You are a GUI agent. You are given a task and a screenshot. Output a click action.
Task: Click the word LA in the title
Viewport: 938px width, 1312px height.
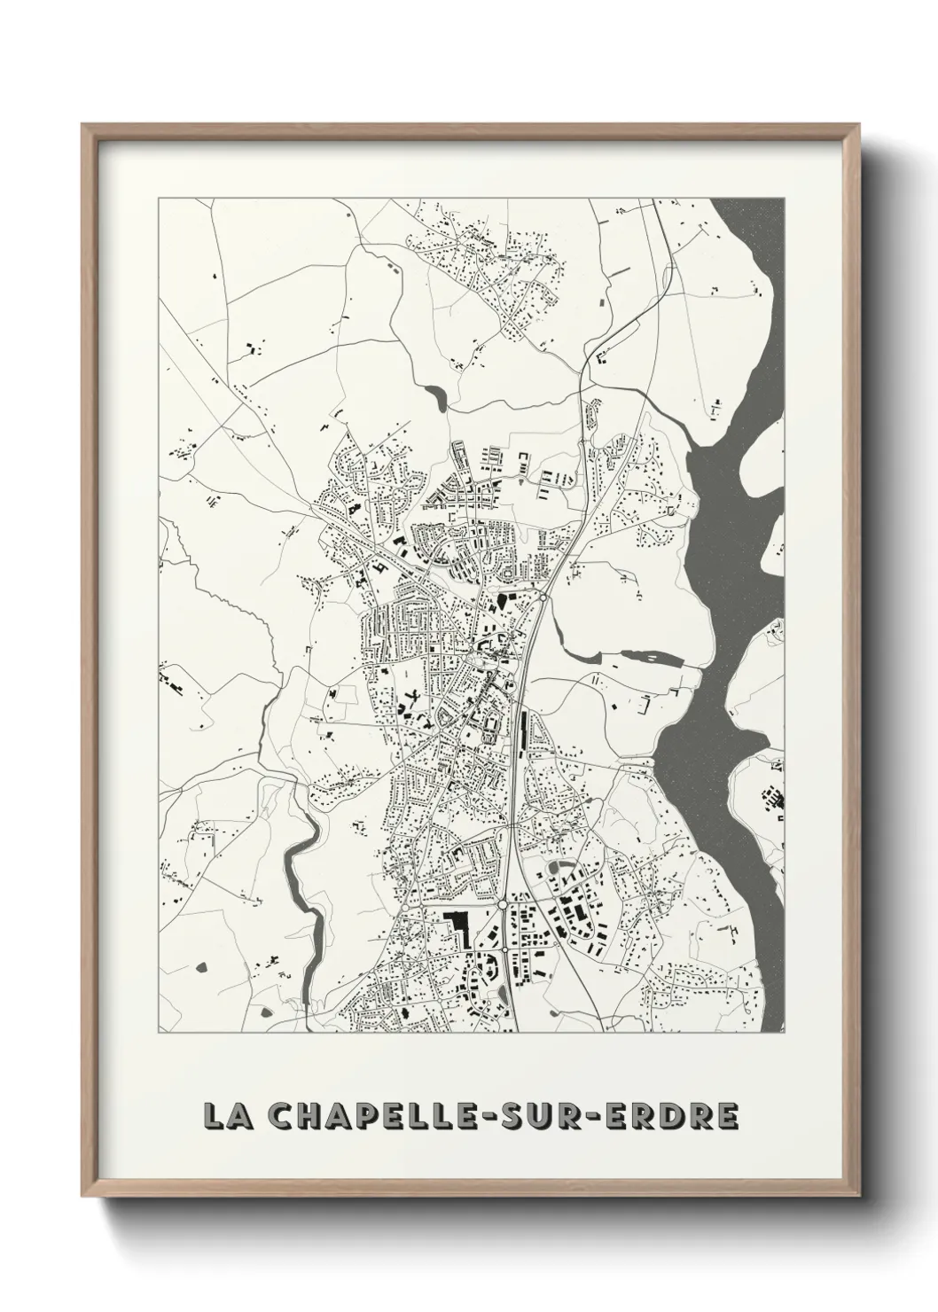coord(227,1116)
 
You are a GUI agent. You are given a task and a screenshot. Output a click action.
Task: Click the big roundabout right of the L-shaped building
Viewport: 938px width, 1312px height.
coord(503,905)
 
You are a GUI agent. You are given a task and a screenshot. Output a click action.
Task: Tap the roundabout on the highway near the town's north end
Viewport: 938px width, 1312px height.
coord(542,598)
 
